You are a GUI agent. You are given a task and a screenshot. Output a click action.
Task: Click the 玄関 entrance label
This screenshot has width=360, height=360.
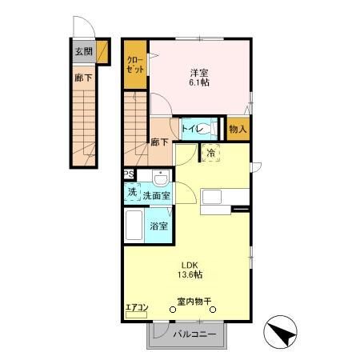point(83,53)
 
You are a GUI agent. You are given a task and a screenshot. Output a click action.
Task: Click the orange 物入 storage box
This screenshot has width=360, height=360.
point(238,128)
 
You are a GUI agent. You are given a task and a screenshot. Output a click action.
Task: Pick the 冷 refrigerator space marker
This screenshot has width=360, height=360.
point(212,153)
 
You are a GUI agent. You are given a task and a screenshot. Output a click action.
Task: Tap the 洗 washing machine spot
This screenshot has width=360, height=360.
point(131,193)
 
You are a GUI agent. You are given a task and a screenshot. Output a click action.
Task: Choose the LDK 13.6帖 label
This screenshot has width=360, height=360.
point(190,270)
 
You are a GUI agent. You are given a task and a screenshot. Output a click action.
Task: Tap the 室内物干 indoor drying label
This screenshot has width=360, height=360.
point(194,302)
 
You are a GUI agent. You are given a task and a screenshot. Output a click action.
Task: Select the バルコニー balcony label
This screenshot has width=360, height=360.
point(195,334)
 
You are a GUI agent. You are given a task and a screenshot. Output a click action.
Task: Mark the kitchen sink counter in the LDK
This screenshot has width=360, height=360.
point(218,198)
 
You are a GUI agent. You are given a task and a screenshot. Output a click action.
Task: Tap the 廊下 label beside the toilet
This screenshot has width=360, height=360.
point(159,142)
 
